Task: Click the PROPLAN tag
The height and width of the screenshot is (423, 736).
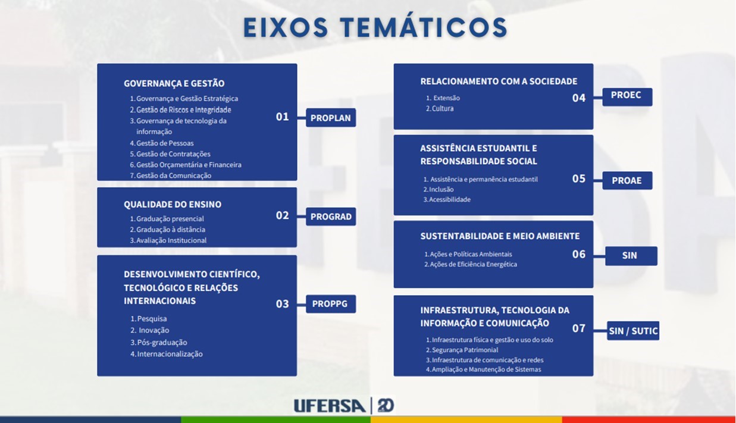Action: click(331, 118)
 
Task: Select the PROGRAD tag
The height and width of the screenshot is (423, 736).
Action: click(331, 217)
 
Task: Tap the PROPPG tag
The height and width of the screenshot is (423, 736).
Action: click(331, 304)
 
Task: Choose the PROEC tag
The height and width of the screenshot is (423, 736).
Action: click(627, 97)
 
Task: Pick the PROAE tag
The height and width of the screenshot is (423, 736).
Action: click(627, 180)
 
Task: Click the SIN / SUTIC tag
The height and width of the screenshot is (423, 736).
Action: click(633, 331)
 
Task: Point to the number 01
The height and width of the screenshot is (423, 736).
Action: click(282, 117)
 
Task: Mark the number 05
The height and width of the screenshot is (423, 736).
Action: click(578, 178)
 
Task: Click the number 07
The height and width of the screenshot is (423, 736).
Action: click(578, 328)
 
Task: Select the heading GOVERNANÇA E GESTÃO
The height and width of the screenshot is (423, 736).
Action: click(174, 83)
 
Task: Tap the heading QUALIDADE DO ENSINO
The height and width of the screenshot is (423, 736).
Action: click(173, 204)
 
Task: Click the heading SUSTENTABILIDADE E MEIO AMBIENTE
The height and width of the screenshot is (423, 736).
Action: click(500, 236)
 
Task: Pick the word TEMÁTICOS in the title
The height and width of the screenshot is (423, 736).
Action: click(424, 27)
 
